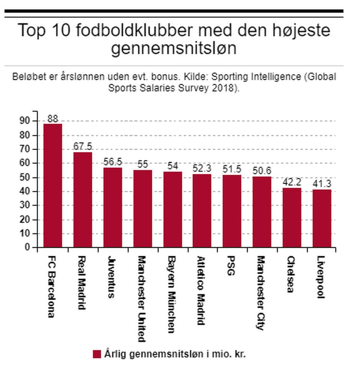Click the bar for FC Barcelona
[52, 185]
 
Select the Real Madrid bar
[82, 200]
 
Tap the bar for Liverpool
[322, 218]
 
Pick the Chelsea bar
[292, 218]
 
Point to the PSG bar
[232, 211]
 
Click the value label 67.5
[82, 146]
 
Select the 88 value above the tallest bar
[52, 119]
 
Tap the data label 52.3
[202, 168]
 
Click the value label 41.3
[322, 184]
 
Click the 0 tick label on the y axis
[27, 248]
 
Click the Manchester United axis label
[141, 299]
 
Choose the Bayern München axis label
[171, 294]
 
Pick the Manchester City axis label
[261, 293]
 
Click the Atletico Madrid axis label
[201, 291]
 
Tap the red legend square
[97, 354]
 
